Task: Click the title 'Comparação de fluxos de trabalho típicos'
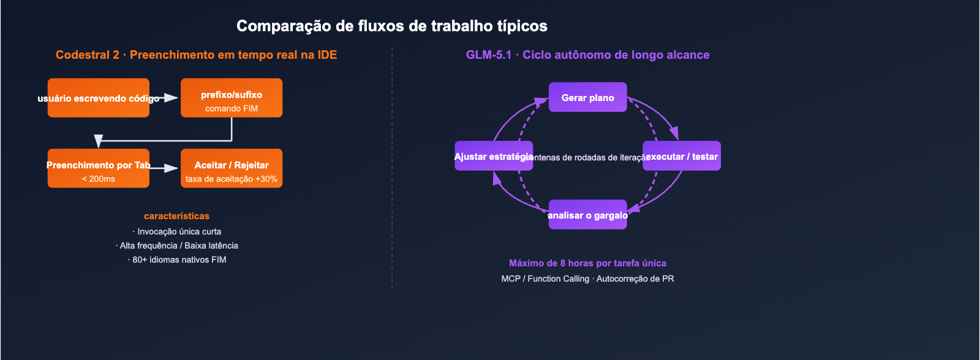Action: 392,26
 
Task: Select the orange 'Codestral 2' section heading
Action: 196,54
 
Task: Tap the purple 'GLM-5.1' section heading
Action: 587,54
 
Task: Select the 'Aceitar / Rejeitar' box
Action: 232,160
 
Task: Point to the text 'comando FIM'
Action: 232,108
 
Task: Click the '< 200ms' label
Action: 98,179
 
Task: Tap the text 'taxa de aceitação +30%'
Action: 232,179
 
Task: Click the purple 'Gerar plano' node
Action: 587,97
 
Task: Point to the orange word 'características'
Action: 176,216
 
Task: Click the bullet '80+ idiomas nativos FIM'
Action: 177,260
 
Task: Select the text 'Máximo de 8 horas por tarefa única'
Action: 587,263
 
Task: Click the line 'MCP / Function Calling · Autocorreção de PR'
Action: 587,279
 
